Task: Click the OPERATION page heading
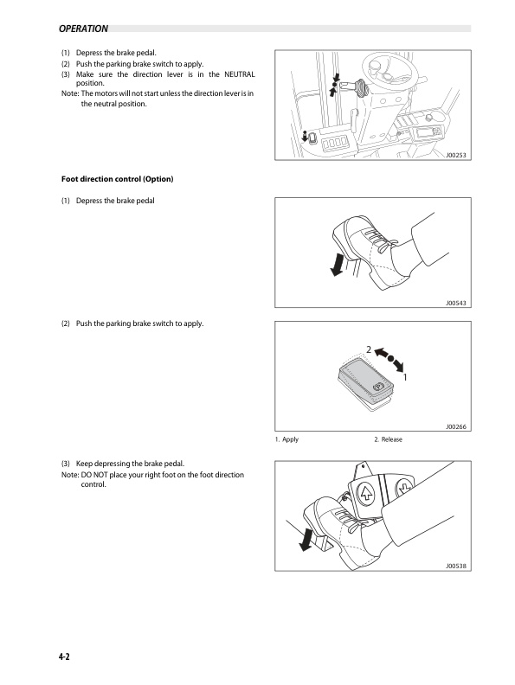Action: (x=83, y=29)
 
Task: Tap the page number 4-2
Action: (x=64, y=656)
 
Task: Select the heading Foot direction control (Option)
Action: (x=117, y=179)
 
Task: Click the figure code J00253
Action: (x=455, y=155)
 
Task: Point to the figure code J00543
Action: (x=455, y=303)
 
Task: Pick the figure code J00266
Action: (x=455, y=426)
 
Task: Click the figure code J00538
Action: (x=455, y=567)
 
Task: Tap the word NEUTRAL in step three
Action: (x=239, y=74)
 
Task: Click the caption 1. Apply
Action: (x=286, y=439)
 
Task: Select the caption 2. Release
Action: (x=388, y=439)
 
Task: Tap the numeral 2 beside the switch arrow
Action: (x=369, y=350)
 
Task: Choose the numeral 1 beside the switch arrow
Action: (x=405, y=377)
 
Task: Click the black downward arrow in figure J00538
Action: (x=306, y=540)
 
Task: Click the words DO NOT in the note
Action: (x=94, y=475)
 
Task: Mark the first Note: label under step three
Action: (x=70, y=93)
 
